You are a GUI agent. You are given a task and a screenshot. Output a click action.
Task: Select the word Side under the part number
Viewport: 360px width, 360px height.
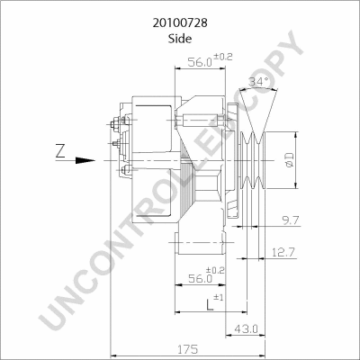(x=179, y=39)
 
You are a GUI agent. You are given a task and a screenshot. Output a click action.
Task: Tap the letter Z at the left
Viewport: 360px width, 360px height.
(x=60, y=151)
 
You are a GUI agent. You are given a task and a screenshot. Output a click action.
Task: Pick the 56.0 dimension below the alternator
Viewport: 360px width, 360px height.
(x=200, y=280)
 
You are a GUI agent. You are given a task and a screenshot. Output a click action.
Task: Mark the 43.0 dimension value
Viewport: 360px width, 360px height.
(x=245, y=328)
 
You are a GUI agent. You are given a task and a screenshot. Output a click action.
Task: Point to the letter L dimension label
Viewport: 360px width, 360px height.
(x=209, y=305)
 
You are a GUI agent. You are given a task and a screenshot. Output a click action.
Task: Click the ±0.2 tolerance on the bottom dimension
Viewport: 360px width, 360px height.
(x=216, y=269)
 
